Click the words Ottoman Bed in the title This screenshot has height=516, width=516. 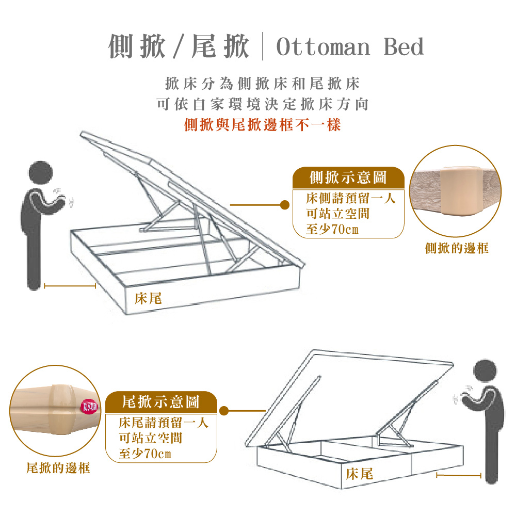point(350,47)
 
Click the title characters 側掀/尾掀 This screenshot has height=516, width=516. point(179,47)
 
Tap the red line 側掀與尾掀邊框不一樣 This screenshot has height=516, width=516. point(263,124)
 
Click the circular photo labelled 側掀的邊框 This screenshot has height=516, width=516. point(456,191)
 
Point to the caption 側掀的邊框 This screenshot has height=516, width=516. point(457,249)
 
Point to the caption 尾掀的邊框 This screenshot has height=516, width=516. point(58,468)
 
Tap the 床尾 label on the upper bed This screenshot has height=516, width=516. point(148,299)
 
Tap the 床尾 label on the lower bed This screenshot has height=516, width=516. point(360,473)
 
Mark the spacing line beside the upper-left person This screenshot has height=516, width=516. point(70,285)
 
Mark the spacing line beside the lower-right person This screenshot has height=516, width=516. point(459,474)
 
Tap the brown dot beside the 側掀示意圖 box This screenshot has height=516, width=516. point(284,205)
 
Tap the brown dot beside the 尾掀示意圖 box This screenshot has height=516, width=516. point(224,411)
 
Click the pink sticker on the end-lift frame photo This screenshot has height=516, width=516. point(89,407)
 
